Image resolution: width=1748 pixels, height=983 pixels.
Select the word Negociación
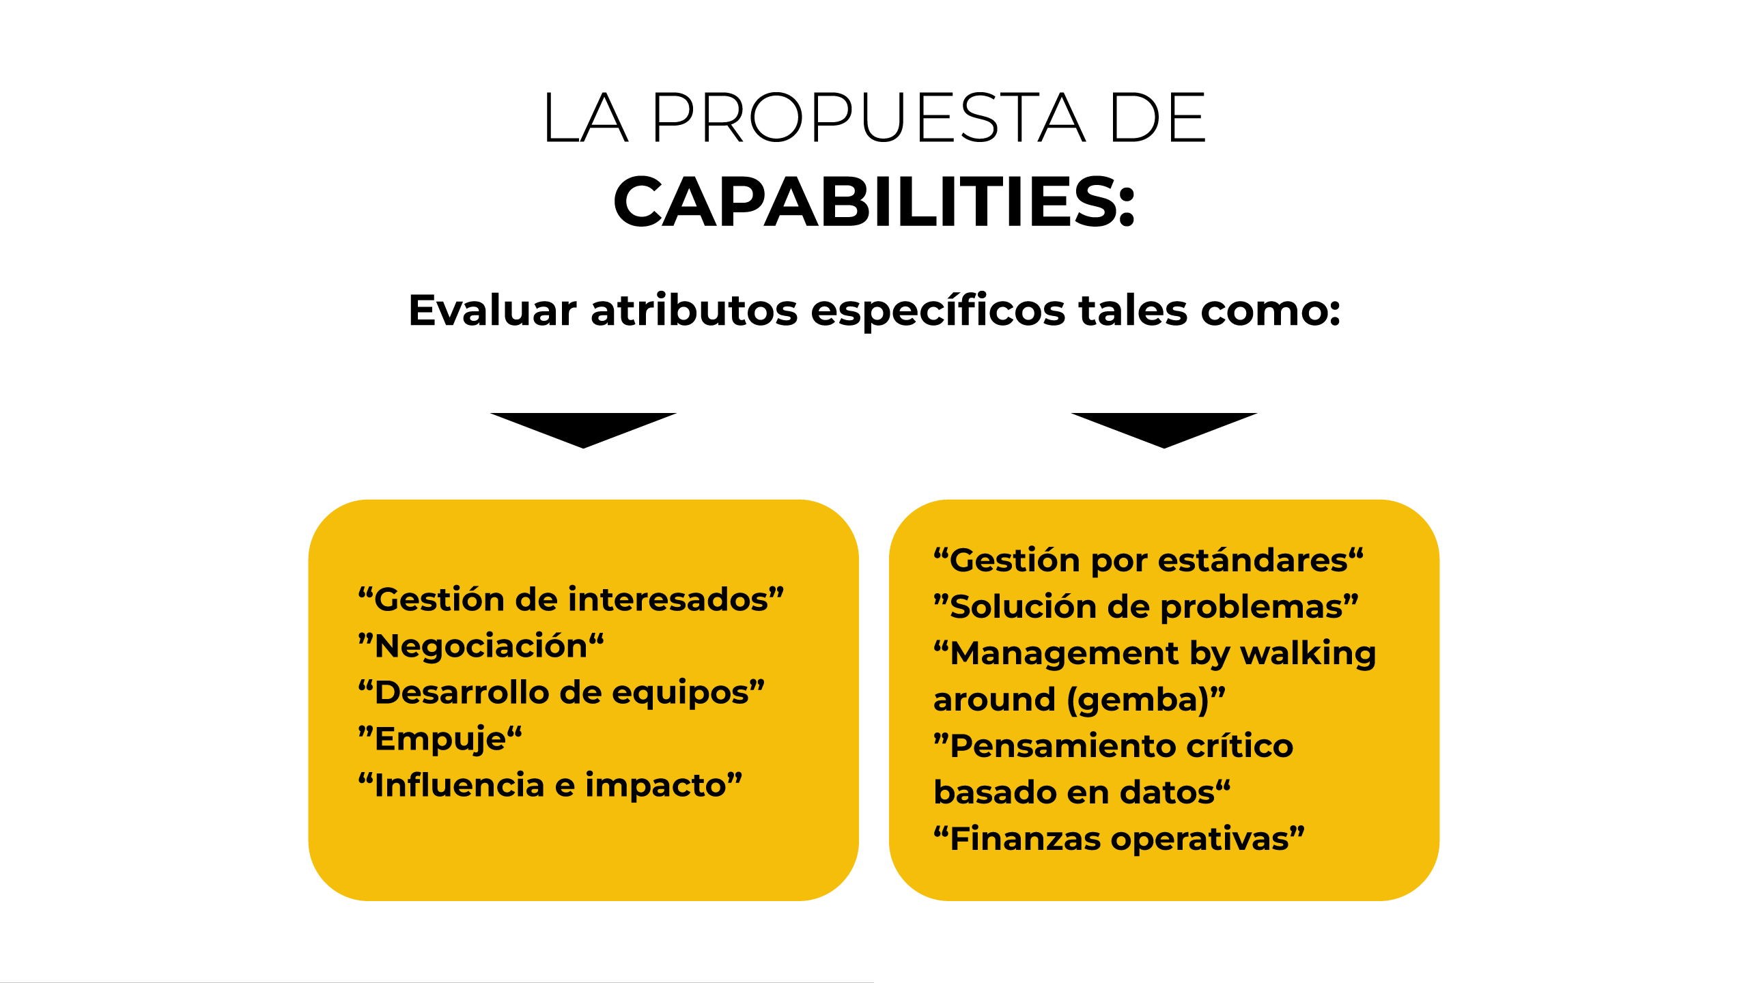pyautogui.click(x=481, y=646)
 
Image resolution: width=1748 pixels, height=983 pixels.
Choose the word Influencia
pyautogui.click(x=460, y=785)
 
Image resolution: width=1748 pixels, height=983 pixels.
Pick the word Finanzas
pyautogui.click(x=1025, y=838)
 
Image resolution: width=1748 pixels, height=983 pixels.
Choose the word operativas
pyautogui.click(x=1200, y=840)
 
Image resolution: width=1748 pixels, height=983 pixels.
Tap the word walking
pyautogui.click(x=1308, y=654)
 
